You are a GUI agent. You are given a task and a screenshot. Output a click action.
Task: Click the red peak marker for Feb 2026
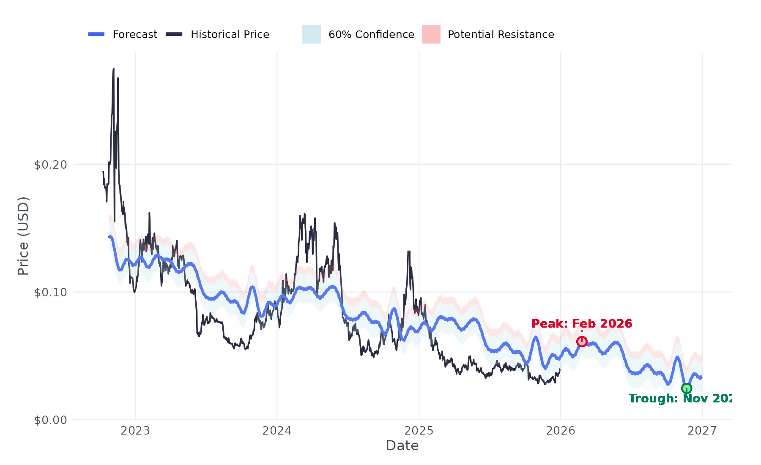(582, 342)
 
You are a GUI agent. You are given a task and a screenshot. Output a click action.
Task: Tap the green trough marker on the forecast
(687, 388)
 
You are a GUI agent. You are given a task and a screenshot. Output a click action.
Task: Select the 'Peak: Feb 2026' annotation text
(582, 324)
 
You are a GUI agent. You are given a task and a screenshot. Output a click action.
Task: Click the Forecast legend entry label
(135, 35)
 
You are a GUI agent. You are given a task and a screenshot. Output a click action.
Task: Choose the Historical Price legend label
(230, 35)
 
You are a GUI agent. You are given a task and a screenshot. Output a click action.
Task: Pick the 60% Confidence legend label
(371, 35)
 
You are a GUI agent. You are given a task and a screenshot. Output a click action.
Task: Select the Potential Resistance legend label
(501, 35)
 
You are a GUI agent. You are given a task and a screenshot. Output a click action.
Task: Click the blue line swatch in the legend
(96, 34)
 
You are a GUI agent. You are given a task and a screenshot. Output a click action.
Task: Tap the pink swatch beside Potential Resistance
(431, 34)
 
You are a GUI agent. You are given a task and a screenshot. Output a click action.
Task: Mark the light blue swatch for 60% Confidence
(311, 34)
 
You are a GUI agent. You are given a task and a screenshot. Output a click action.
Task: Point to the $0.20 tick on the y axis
(51, 165)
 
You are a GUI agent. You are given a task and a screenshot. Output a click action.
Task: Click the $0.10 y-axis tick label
(51, 293)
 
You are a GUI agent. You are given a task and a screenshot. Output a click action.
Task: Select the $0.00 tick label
(51, 420)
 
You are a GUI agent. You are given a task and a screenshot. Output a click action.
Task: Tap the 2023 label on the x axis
(135, 431)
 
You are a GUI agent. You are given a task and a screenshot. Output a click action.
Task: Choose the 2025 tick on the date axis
(419, 431)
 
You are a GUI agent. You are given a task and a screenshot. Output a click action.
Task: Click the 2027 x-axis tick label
(702, 431)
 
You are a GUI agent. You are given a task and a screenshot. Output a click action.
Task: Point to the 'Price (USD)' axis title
(23, 236)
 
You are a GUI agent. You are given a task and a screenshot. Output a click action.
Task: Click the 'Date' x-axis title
(402, 446)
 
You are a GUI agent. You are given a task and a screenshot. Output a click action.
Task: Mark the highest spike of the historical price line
(113, 69)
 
